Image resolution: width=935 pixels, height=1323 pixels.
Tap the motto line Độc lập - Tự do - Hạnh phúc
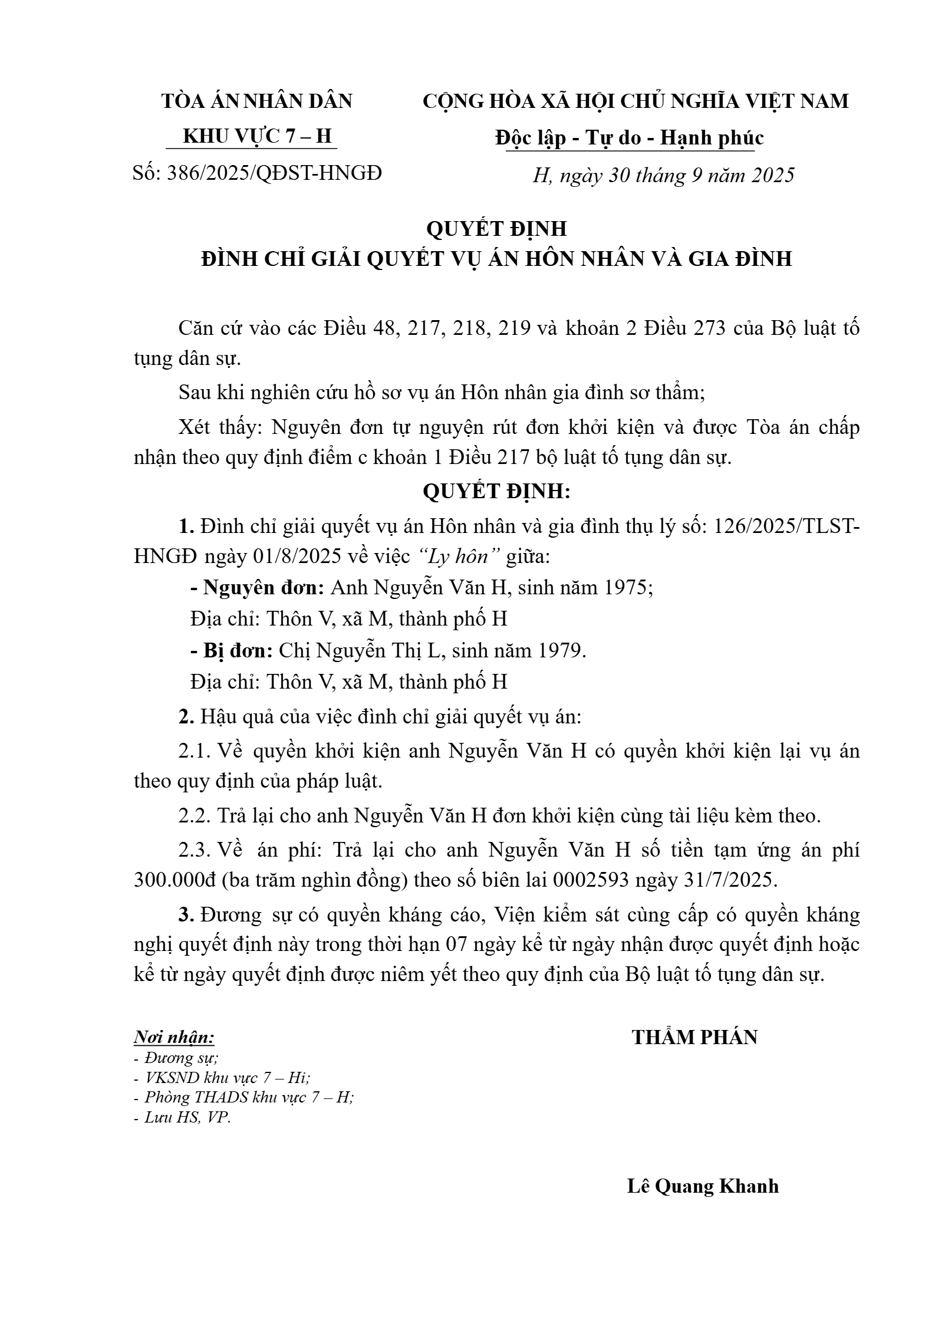pos(629,138)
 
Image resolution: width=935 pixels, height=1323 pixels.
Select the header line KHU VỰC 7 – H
pos(258,136)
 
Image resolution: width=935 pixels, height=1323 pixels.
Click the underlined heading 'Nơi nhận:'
pos(174,1037)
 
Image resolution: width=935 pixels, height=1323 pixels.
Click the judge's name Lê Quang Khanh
pos(702,1186)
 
